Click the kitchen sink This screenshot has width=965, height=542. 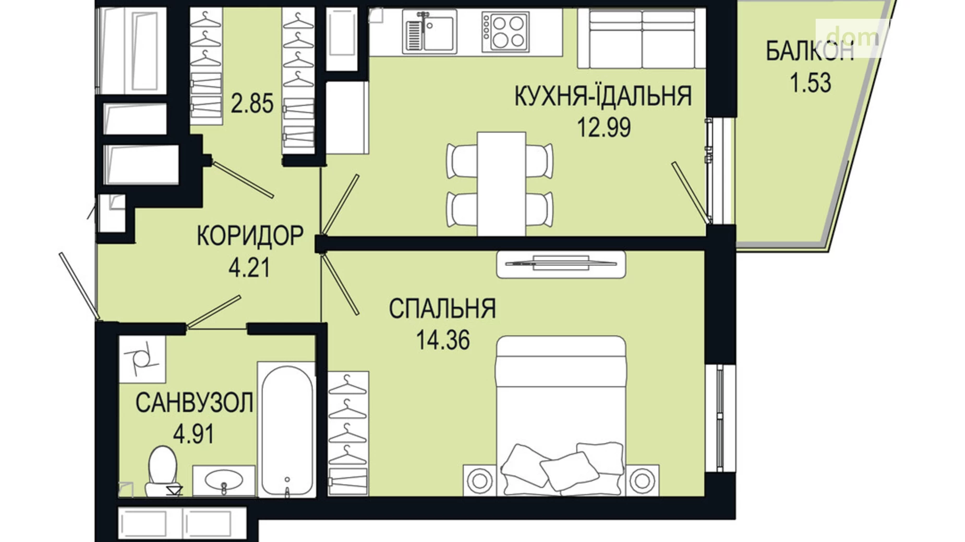tap(429, 31)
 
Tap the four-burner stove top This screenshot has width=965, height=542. tap(504, 31)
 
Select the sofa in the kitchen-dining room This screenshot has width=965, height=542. tap(642, 39)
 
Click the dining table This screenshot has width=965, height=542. tap(501, 183)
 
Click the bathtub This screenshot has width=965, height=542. tap(287, 430)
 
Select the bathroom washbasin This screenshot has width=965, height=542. tap(224, 481)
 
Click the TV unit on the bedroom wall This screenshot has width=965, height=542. tap(561, 264)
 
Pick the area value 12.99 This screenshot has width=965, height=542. tap(604, 127)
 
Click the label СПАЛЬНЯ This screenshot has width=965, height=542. tap(442, 309)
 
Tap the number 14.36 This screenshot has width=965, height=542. tap(442, 340)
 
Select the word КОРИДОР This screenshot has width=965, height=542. tap(250, 236)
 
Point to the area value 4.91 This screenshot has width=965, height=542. tap(193, 434)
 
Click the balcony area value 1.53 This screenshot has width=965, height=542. tap(810, 83)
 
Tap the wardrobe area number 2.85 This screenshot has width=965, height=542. tap(252, 104)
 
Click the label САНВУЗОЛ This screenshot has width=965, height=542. tap(194, 402)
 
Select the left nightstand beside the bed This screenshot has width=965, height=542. tap(479, 480)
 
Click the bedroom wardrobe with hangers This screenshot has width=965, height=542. tap(348, 433)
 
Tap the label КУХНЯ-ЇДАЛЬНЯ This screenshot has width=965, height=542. tap(603, 96)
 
